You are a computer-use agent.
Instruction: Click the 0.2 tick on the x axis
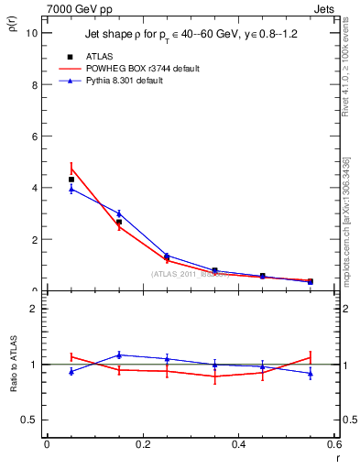coord(143,444)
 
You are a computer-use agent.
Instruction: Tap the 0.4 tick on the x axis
coord(239,444)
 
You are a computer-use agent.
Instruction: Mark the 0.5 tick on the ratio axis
coord(30,420)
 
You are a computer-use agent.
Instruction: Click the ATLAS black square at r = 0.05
coord(71,180)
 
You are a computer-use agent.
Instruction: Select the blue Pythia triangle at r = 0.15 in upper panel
coord(119,213)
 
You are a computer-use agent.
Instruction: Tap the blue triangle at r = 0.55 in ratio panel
coord(311,373)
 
